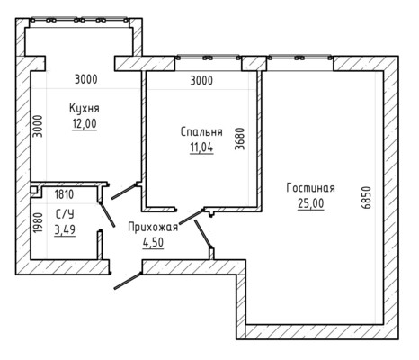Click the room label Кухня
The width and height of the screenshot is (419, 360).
[x=85, y=108]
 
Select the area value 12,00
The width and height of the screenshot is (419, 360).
[x=85, y=123]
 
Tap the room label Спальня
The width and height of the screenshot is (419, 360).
[x=201, y=132]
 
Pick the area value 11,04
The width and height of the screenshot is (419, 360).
[x=201, y=148]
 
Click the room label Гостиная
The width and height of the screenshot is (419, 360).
[x=311, y=188]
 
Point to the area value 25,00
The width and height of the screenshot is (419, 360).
[x=311, y=203]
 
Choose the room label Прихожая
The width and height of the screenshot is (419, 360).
[x=153, y=227]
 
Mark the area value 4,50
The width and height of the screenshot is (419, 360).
[x=153, y=242]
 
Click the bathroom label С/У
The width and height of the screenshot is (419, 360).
[x=65, y=214]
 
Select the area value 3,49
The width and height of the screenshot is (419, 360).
[x=65, y=230]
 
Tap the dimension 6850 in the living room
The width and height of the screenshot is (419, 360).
[x=366, y=197]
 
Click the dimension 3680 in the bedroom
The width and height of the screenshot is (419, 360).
[x=240, y=139]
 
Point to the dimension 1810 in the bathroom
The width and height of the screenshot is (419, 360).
[x=64, y=194]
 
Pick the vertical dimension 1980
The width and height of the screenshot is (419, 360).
[x=38, y=223]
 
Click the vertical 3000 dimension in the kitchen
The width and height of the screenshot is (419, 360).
[x=38, y=126]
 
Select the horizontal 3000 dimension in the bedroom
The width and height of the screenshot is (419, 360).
[x=201, y=80]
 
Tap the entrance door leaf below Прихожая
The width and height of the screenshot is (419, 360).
[x=128, y=281]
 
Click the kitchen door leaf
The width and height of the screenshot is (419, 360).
[x=124, y=192]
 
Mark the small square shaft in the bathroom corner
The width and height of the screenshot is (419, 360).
[x=33, y=190]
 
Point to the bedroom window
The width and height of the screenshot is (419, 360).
[x=209, y=58]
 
